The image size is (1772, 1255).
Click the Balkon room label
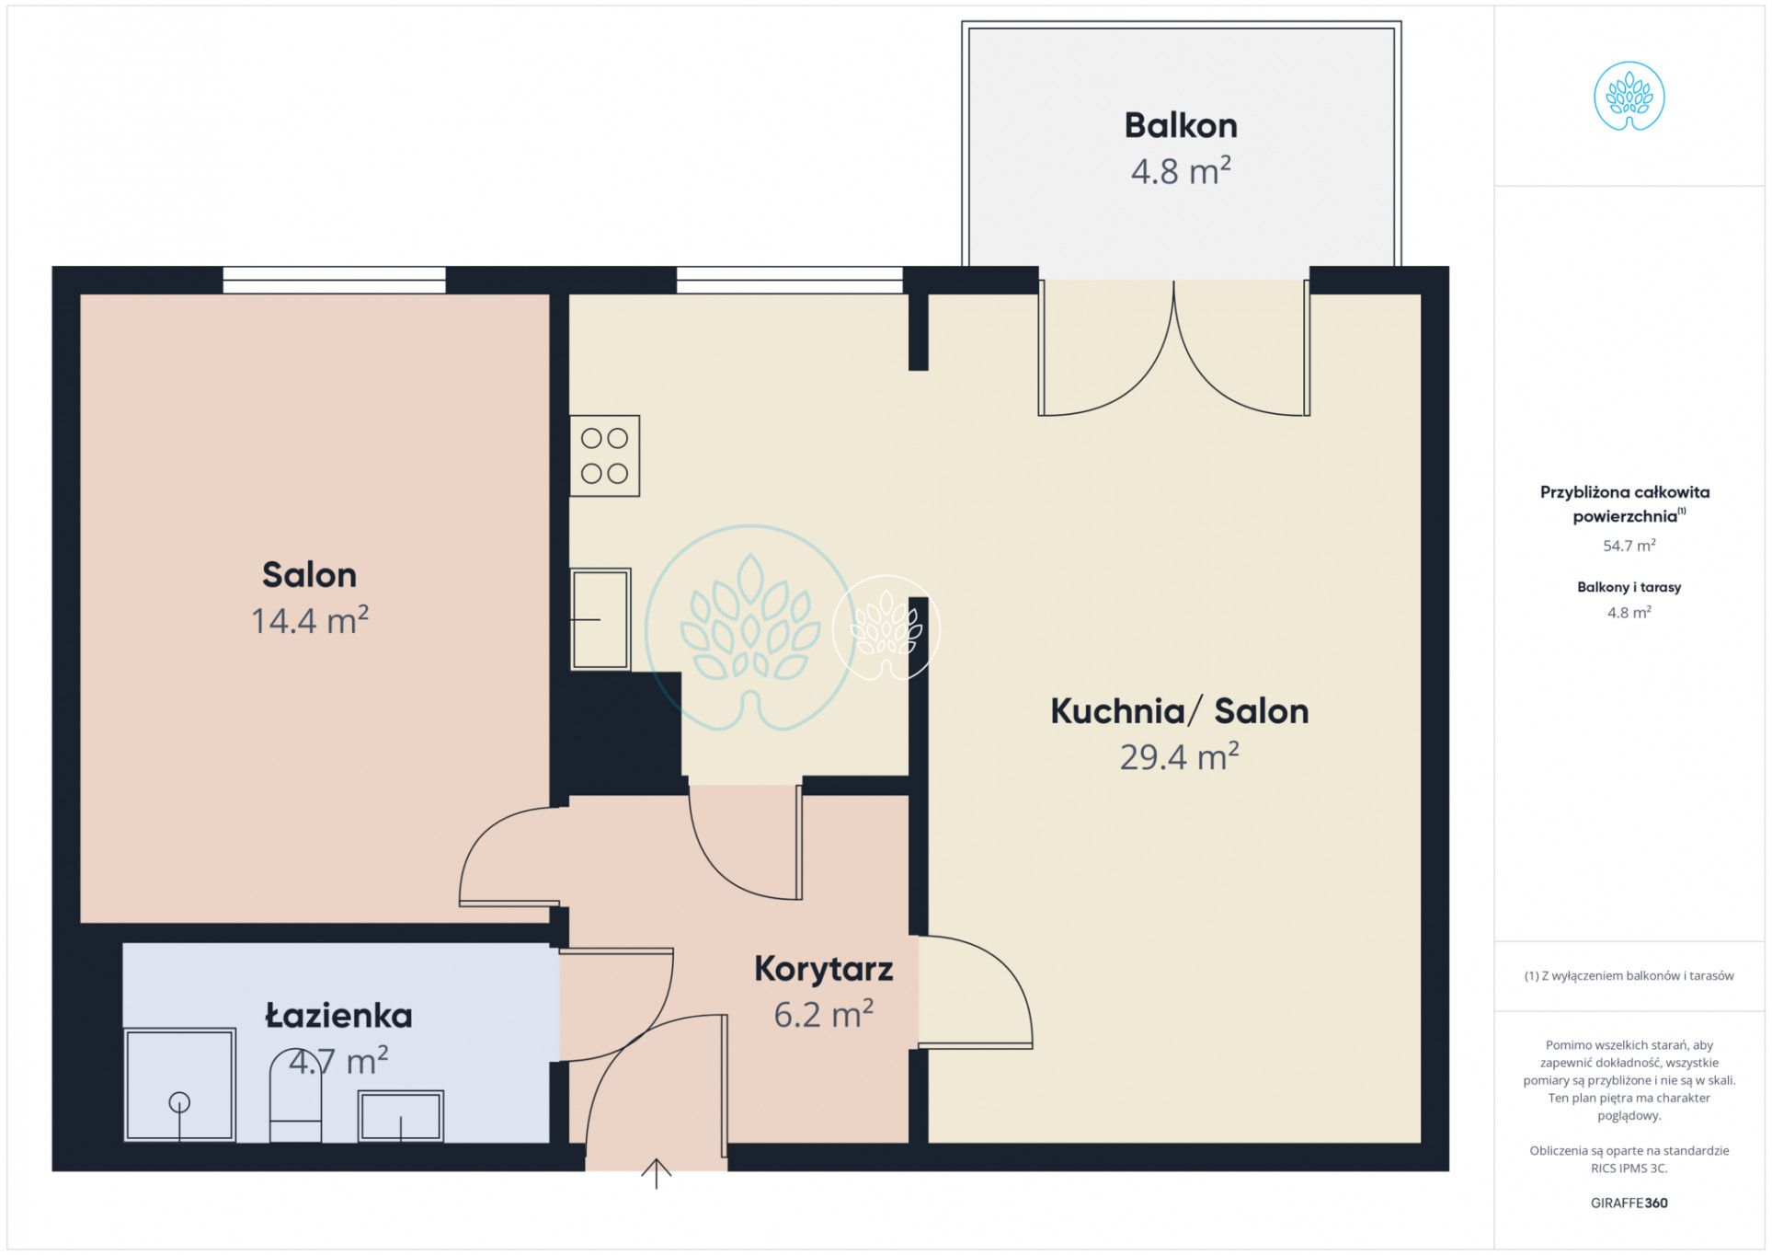[x=1181, y=125]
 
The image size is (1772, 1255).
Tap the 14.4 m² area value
[x=310, y=620]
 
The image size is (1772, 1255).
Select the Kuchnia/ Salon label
[x=1179, y=711]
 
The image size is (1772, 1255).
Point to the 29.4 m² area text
[x=1179, y=756]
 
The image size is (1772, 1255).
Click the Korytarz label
[x=823, y=970]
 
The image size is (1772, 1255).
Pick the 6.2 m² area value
[x=823, y=1014]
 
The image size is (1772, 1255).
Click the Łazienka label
[x=338, y=1016]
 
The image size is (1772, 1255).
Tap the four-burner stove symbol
[x=604, y=456]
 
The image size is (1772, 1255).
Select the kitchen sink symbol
[x=600, y=619]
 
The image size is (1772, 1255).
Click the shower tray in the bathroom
[x=179, y=1085]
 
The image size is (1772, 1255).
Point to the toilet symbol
[x=295, y=1097]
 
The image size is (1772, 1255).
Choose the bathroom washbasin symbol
[x=401, y=1116]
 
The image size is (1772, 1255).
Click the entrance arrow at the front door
[x=656, y=1173]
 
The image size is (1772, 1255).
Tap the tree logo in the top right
[x=1629, y=97]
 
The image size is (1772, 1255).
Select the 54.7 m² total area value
[x=1629, y=546]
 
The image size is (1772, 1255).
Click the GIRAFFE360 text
[x=1629, y=1203]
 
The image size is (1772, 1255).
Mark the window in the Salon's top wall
[x=334, y=280]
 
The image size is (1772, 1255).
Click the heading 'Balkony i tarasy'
[x=1629, y=587]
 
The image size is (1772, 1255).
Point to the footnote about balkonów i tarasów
[x=1629, y=976]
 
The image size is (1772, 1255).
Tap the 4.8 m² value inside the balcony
[x=1181, y=171]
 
